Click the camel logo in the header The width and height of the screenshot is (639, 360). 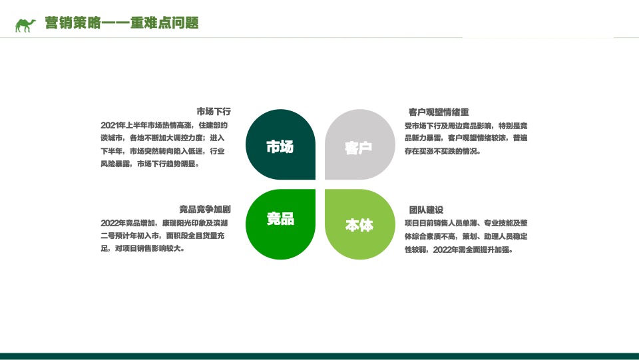[25, 25]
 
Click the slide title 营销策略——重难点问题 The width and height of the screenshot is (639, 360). [121, 23]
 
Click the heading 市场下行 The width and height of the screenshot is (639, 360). [213, 111]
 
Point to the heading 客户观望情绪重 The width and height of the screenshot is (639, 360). [439, 112]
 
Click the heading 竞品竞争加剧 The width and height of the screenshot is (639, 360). [204, 209]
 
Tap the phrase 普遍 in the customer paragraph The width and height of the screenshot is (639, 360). [519, 138]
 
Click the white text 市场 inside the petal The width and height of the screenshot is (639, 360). [280, 147]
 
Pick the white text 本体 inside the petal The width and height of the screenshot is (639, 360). [359, 226]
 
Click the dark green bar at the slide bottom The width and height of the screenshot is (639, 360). [319, 356]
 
